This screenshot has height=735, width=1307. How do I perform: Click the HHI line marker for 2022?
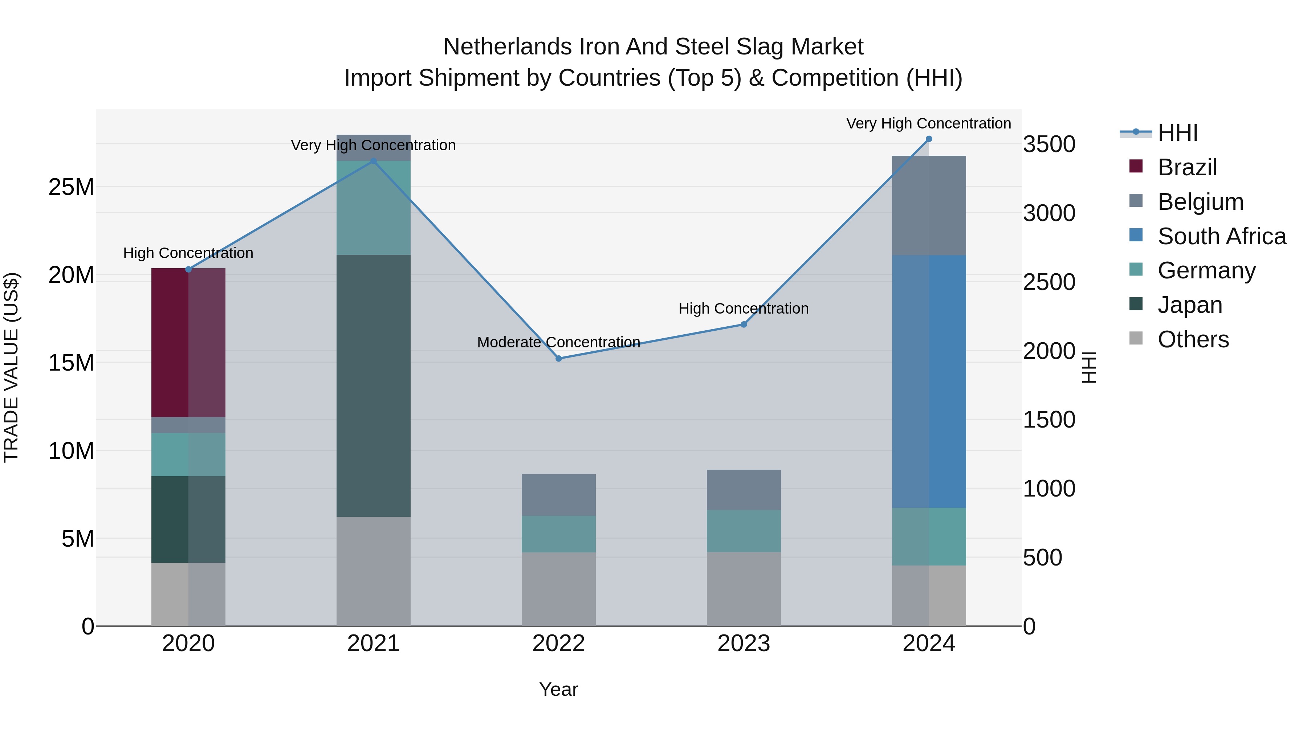coord(559,359)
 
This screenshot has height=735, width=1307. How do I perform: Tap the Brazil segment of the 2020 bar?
coord(188,342)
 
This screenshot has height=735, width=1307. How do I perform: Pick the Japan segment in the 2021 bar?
coord(374,385)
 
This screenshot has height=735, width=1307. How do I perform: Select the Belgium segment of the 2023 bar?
coord(744,490)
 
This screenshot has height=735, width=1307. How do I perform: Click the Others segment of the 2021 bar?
coord(374,571)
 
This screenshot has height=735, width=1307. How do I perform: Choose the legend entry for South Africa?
coord(1222,236)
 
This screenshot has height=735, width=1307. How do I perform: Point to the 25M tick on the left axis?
coord(71,187)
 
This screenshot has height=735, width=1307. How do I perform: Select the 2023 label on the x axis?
coord(744,644)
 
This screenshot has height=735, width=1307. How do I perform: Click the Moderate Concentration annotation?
coord(559,342)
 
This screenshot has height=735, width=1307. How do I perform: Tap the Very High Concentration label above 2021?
coord(374,145)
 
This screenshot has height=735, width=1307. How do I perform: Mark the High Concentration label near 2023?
coord(744,309)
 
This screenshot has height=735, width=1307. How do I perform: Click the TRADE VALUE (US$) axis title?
coord(11,367)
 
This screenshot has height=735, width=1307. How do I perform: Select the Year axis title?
coord(559,689)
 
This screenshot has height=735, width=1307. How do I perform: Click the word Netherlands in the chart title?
coord(508,47)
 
